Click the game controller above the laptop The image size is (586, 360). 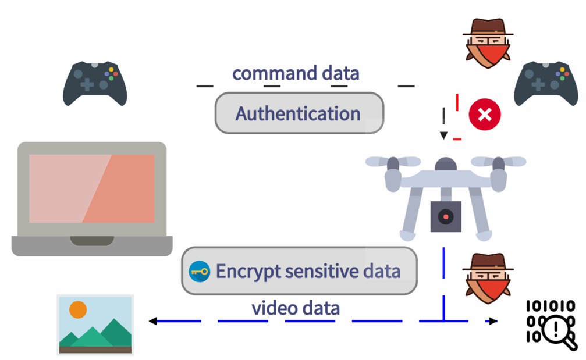click(94, 84)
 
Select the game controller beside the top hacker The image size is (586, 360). click(545, 84)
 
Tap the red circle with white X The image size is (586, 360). click(485, 114)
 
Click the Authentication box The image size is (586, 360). click(299, 113)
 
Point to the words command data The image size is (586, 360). click(296, 74)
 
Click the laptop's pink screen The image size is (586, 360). click(92, 188)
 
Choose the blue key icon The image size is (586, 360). click(200, 272)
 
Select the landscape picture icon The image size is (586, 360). click(95, 324)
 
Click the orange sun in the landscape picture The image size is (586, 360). click(78, 309)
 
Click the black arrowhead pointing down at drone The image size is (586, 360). click(443, 136)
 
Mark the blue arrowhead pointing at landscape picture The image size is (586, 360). click(153, 321)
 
